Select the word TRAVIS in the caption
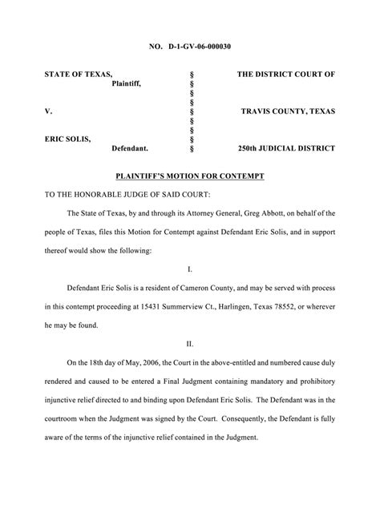[x=258, y=111]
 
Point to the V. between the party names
[x=48, y=111]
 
